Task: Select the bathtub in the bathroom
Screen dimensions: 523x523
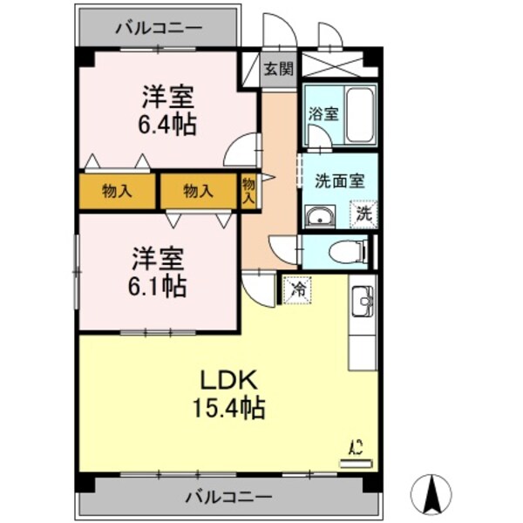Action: click(x=357, y=115)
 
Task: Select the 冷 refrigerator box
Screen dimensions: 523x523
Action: click(x=298, y=289)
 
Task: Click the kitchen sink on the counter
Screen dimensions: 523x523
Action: click(x=362, y=302)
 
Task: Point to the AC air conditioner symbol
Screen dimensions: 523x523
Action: click(x=357, y=452)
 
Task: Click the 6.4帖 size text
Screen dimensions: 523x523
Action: click(x=167, y=123)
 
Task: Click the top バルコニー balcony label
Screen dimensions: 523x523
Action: click(x=160, y=28)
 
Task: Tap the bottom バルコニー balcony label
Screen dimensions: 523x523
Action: click(x=228, y=497)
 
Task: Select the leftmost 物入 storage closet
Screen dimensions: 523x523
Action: click(x=117, y=191)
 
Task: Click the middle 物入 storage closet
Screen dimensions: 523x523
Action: click(x=198, y=191)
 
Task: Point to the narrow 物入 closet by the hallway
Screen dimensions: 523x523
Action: click(x=248, y=191)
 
